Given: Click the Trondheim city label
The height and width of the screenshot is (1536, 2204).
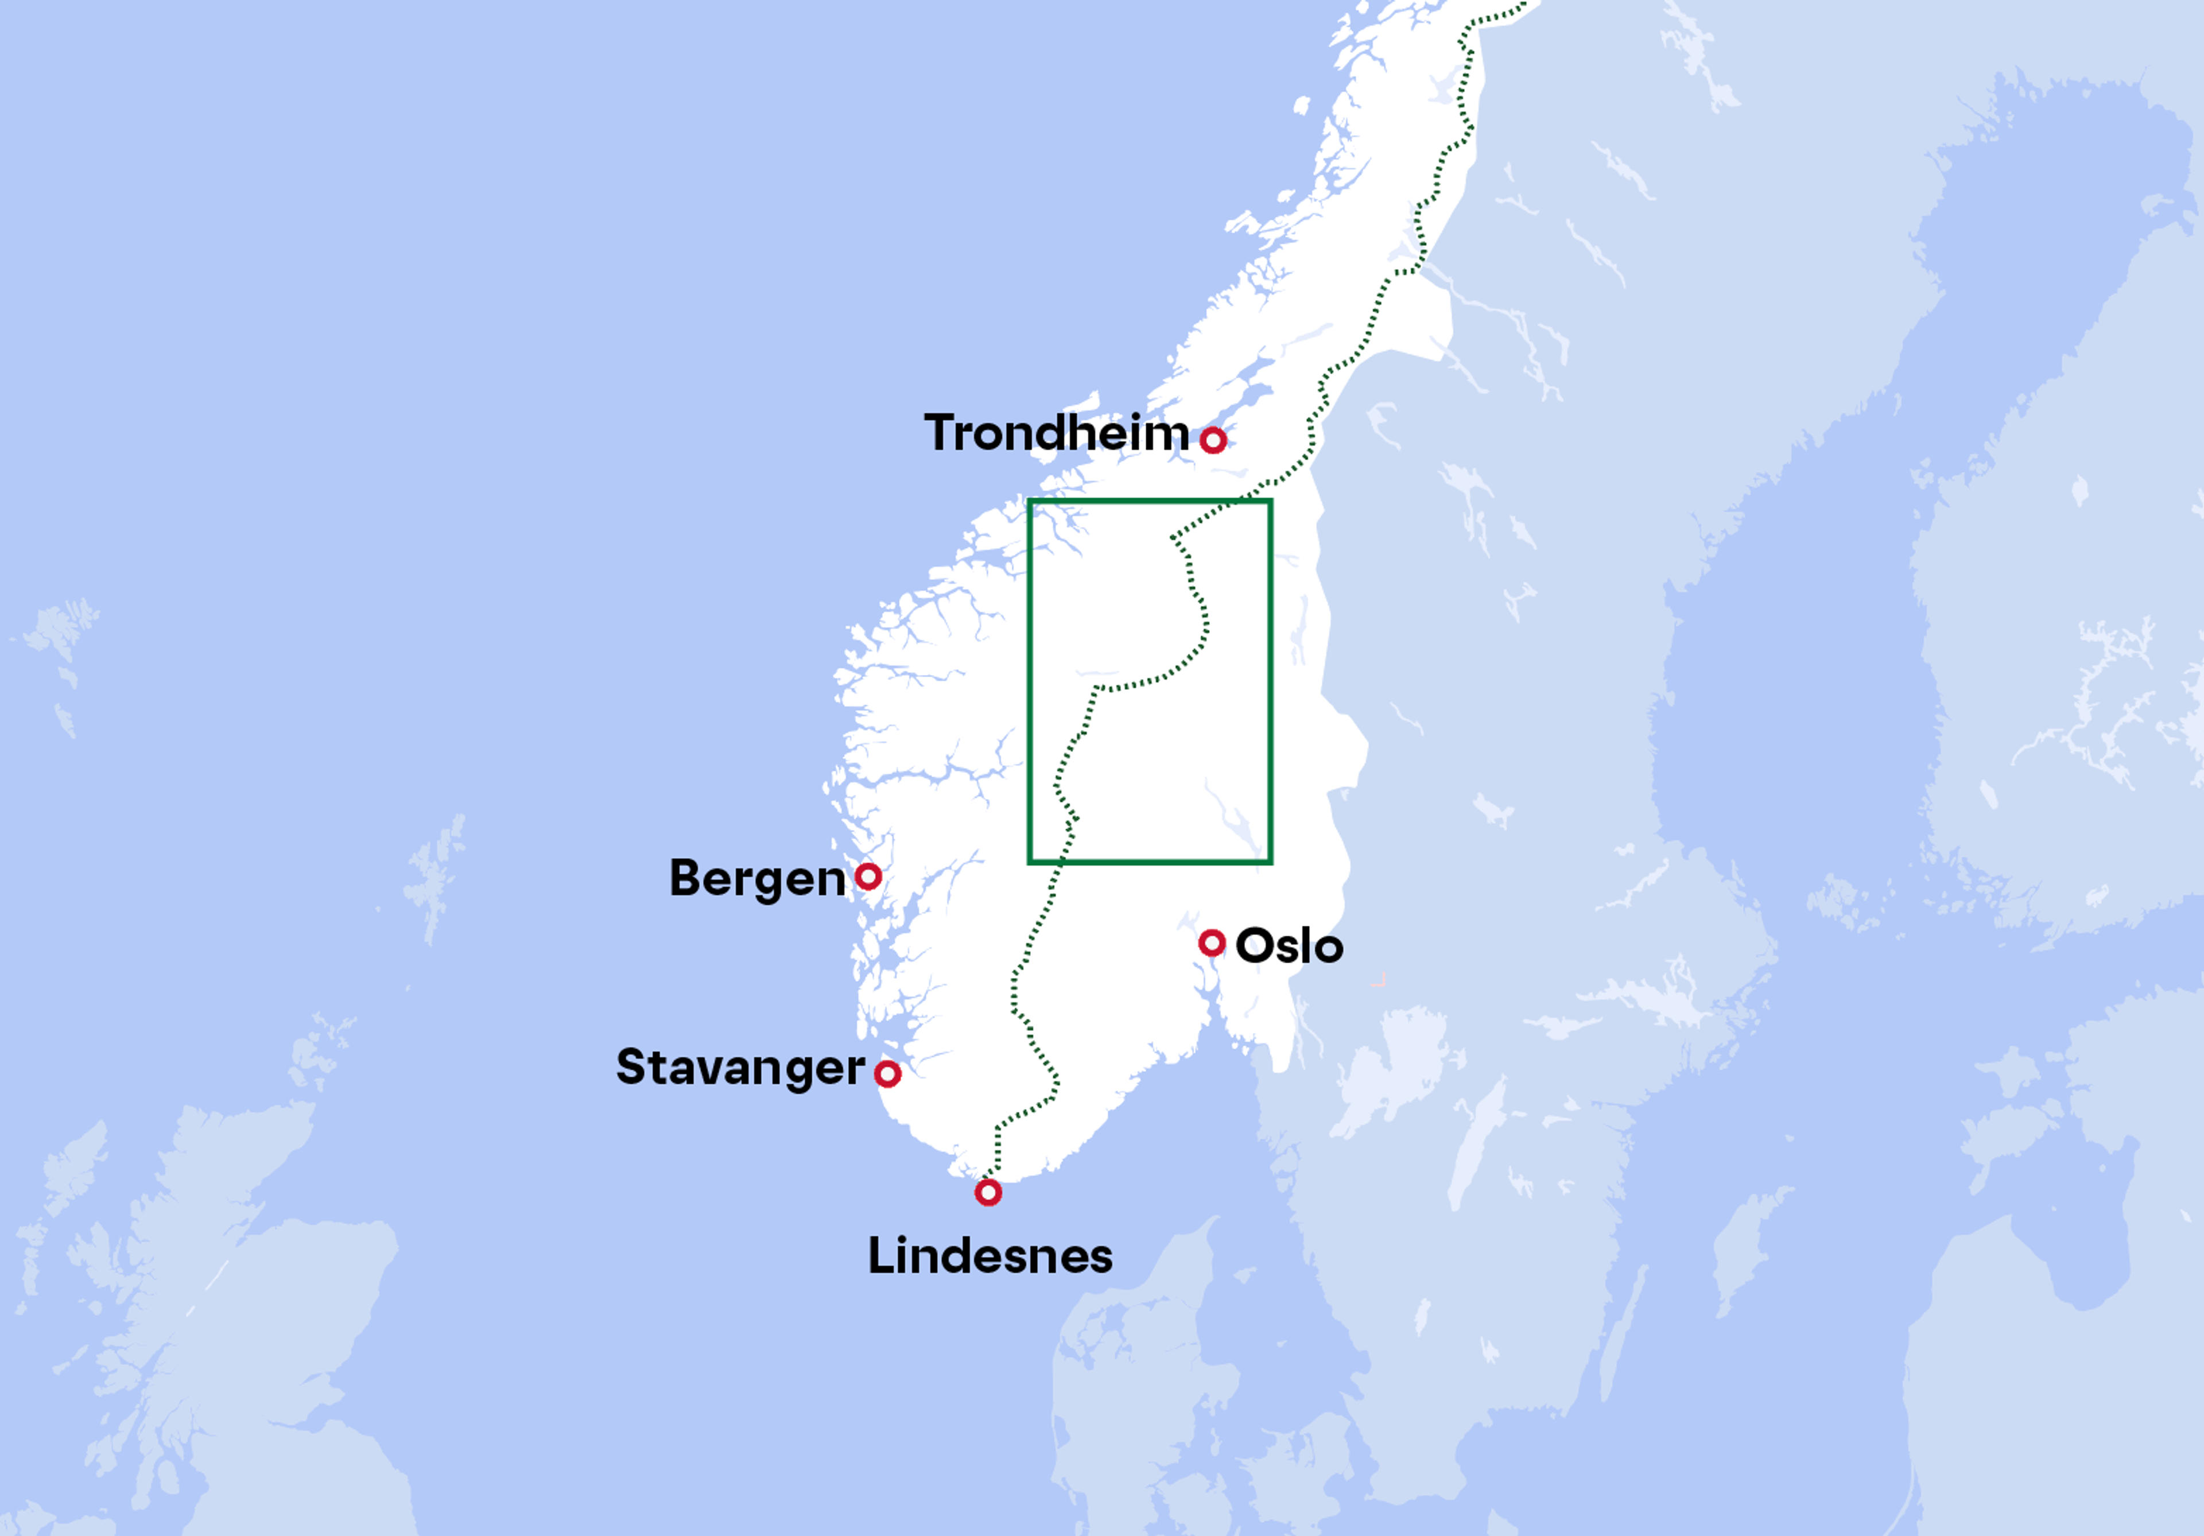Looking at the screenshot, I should (1056, 434).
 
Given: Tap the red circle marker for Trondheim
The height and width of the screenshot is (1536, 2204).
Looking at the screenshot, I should (1213, 440).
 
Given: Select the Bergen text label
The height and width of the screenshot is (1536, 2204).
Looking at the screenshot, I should (756, 878).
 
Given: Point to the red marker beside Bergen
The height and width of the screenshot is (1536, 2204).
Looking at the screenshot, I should (869, 875).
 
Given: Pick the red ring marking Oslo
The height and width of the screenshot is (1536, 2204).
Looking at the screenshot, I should (1212, 942).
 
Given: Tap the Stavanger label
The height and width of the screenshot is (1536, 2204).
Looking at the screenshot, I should (740, 1068).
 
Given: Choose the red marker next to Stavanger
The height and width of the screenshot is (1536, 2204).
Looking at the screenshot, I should (888, 1073).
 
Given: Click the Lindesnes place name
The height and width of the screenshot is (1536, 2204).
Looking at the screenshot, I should (990, 1256).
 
